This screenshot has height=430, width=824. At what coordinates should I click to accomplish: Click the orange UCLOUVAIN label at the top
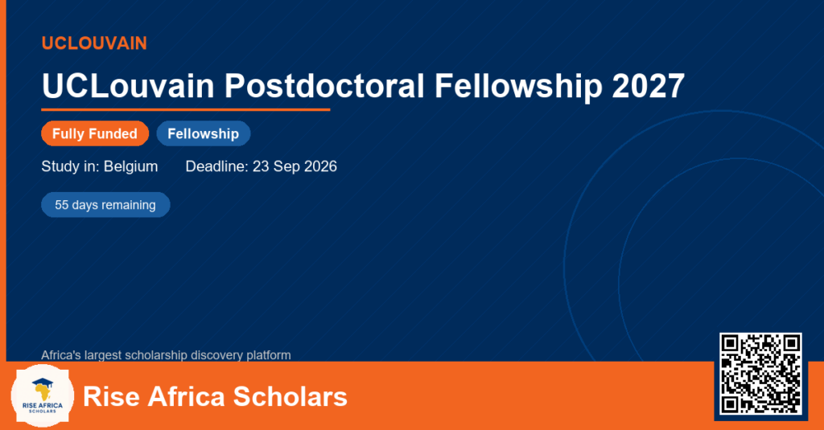point(94,43)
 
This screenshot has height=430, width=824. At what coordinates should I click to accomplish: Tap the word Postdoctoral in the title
point(324,85)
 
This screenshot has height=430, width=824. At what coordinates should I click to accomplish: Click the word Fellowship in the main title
point(518,87)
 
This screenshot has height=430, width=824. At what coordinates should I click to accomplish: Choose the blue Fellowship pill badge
point(204,134)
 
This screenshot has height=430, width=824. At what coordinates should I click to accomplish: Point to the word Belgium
point(131,167)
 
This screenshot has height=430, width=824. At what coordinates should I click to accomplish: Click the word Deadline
point(216,166)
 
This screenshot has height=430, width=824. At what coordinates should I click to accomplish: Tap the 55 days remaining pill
point(105,205)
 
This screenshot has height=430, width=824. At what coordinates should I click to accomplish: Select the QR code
point(760,373)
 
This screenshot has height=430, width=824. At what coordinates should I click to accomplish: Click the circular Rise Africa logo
point(43,396)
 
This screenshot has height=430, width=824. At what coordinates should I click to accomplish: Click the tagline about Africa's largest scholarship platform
point(166,355)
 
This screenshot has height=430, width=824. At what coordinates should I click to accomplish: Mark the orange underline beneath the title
point(186,110)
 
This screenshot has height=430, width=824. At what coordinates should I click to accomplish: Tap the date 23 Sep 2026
point(295,166)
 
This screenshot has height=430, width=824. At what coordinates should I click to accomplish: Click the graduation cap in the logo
point(43,383)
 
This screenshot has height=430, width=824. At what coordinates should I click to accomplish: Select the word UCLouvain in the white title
point(128,85)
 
